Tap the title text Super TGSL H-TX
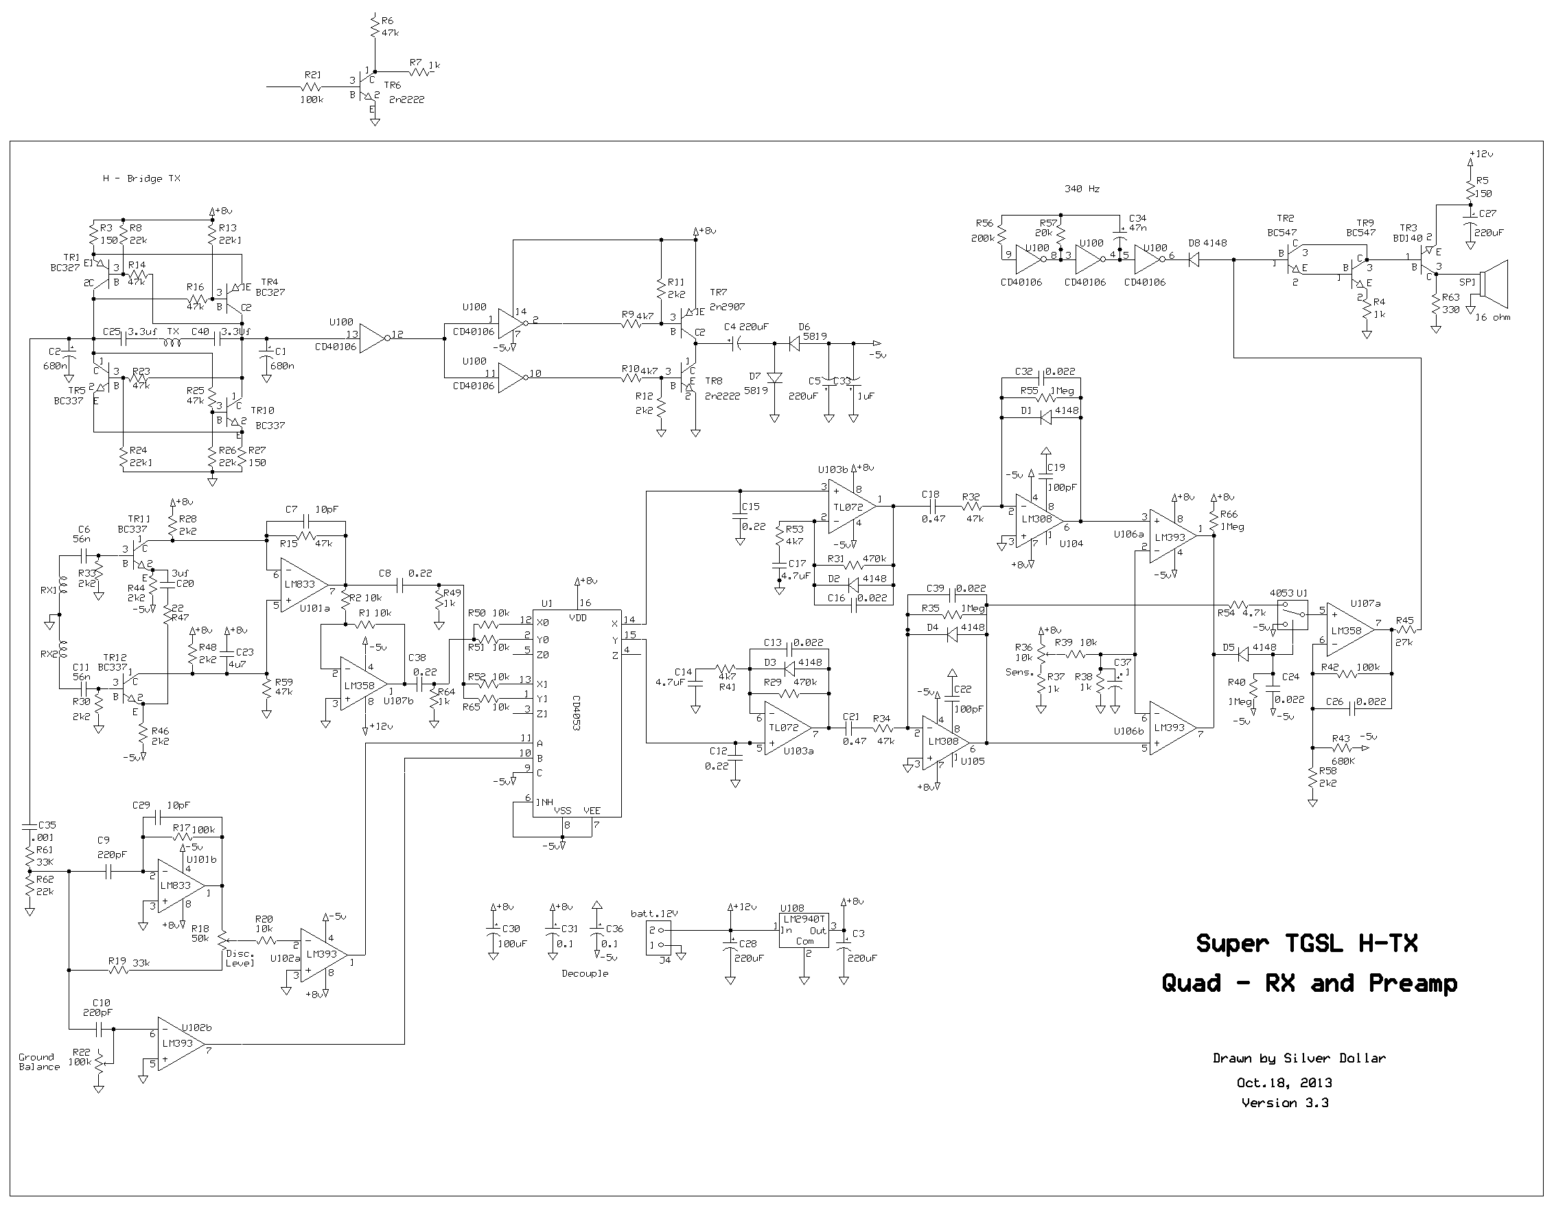click(1307, 944)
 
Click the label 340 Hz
click(1082, 189)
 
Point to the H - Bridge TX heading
click(141, 178)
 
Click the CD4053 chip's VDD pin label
click(578, 618)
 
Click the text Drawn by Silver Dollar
click(1299, 1058)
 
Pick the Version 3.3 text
click(1285, 1103)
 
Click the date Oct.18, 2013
click(1284, 1083)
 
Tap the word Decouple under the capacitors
click(585, 973)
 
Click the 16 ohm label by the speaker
click(1493, 317)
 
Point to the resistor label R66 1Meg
click(1231, 520)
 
